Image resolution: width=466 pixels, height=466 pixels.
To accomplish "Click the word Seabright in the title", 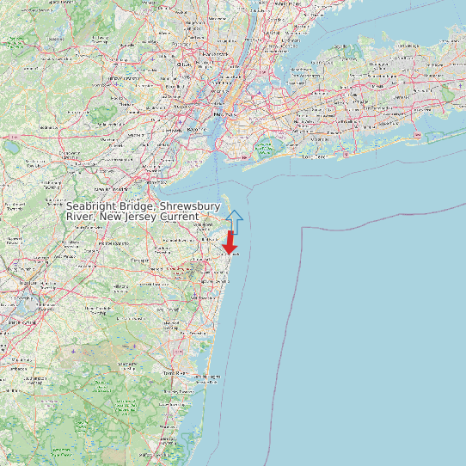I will pyautogui.click(x=94, y=206).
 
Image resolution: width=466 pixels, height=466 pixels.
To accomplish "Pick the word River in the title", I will pyautogui.click(x=80, y=217).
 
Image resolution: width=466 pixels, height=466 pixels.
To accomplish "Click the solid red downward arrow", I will pyautogui.click(x=230, y=242).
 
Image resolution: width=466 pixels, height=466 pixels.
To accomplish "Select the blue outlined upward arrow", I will pyautogui.click(x=234, y=220).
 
